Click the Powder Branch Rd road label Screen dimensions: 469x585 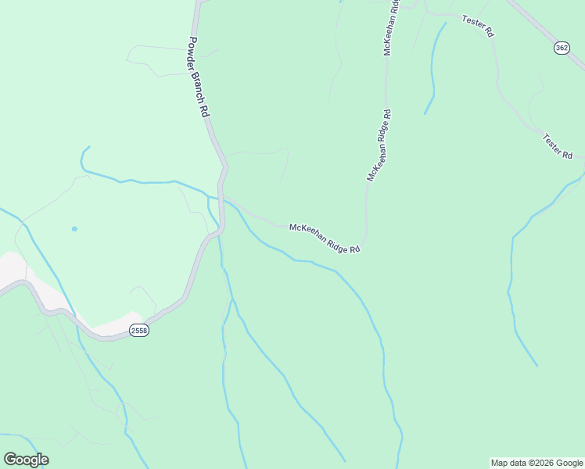(x=199, y=76)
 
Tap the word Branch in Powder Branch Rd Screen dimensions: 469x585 (x=199, y=77)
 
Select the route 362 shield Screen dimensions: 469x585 (x=562, y=48)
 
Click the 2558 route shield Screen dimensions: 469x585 (x=139, y=331)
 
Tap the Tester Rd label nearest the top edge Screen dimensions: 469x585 (x=478, y=27)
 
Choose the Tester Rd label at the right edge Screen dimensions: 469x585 (x=558, y=146)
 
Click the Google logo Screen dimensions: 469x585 (x=26, y=460)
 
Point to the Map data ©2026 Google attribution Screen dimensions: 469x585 (x=537, y=463)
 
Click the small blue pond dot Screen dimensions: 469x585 (x=74, y=229)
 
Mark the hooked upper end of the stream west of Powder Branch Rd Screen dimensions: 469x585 (x=84, y=152)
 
